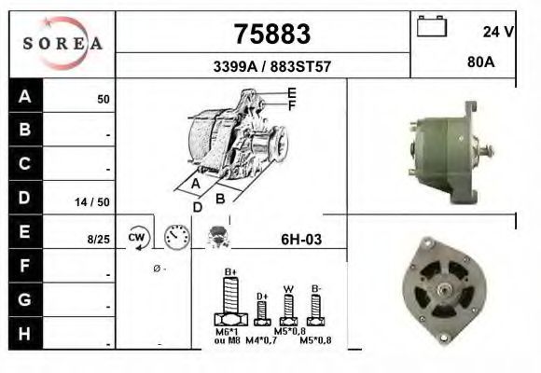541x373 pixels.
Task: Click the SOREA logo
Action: pos(62,44)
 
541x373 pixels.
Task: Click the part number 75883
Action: pos(270,34)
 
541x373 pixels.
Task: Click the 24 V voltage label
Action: pos(499,31)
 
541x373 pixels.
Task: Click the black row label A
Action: pos(25,96)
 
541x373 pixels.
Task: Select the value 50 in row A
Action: pos(104,98)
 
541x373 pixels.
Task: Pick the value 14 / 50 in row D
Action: pos(93,200)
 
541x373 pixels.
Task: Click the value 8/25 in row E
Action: pos(98,240)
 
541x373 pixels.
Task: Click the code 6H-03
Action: pos(300,240)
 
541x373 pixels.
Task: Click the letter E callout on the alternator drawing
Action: pos(292,92)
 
